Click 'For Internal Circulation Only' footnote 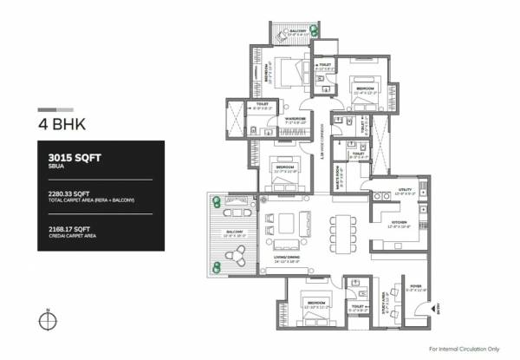(465, 348)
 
